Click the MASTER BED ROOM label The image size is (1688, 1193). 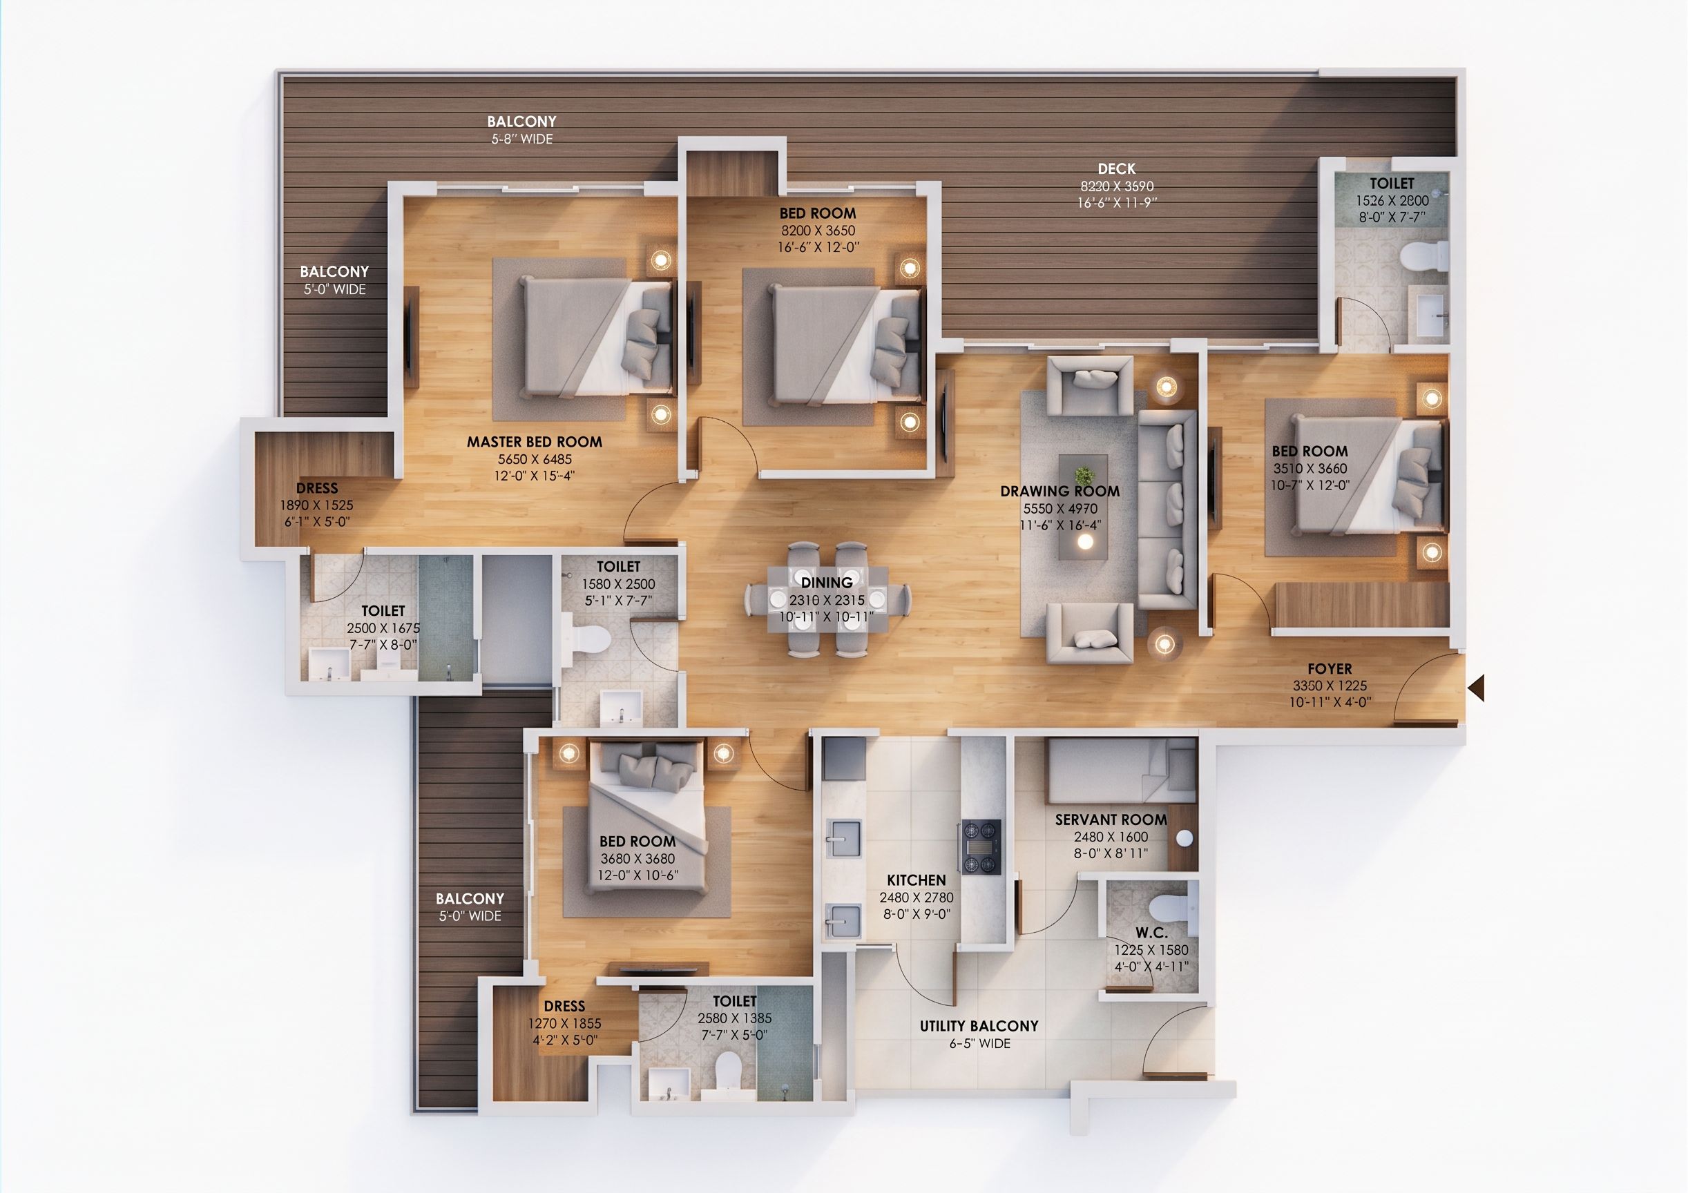coord(535,442)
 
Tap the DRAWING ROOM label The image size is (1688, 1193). coord(1060,491)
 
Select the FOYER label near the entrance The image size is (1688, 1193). coord(1330,669)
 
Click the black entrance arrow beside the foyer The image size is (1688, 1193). coord(1475,689)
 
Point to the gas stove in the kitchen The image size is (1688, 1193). coord(981,847)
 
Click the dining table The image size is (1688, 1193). coord(827,599)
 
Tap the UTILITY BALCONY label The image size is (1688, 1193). coord(979,1026)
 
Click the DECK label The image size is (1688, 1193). coord(1117,169)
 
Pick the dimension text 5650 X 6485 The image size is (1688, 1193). coord(535,459)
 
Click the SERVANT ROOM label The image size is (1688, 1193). coord(1111,819)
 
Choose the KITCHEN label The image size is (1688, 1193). coord(916,880)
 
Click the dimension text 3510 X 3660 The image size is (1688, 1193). coord(1310,468)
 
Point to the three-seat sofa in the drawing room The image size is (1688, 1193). coord(1167,510)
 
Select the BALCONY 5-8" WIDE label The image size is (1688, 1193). coord(522,129)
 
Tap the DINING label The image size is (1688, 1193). coord(827,582)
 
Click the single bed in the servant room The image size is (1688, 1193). coord(1121,770)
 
